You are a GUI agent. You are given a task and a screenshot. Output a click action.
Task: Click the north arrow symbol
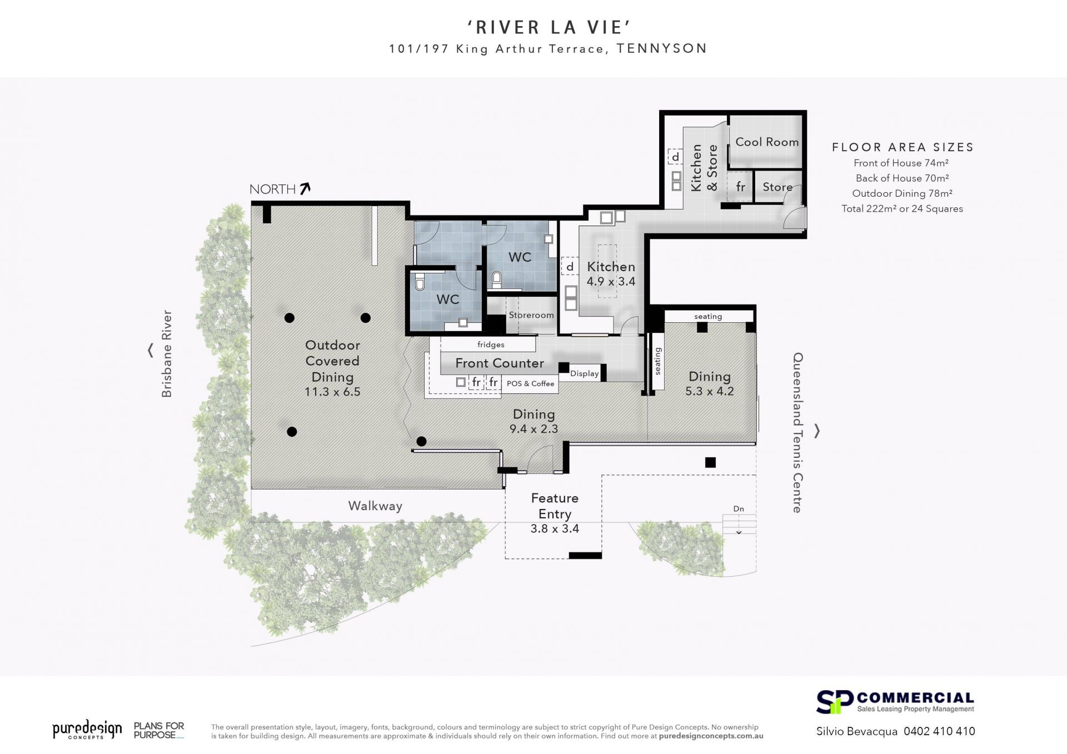click(305, 189)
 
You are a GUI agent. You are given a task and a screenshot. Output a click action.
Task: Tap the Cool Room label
click(767, 142)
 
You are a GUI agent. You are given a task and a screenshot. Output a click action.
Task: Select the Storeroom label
click(531, 315)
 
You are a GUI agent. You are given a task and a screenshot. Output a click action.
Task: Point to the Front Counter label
click(500, 363)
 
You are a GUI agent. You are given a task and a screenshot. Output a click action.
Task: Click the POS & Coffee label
click(530, 383)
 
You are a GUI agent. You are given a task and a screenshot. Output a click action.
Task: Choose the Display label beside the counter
click(585, 373)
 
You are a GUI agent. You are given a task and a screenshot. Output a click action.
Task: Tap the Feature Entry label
click(555, 506)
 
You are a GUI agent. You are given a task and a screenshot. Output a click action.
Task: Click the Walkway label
click(375, 506)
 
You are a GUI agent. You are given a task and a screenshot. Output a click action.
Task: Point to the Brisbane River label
click(167, 354)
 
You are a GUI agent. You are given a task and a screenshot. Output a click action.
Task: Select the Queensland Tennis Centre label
click(798, 432)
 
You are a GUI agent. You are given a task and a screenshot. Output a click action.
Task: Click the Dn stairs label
click(739, 509)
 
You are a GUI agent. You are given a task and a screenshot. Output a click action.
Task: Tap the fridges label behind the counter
click(491, 344)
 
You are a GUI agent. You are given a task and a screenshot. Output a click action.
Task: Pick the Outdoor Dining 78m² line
click(903, 193)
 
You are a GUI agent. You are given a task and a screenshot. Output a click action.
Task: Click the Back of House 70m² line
click(903, 178)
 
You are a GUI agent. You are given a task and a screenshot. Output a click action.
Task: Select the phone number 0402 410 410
click(939, 731)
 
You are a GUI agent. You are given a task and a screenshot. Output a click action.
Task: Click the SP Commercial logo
click(895, 702)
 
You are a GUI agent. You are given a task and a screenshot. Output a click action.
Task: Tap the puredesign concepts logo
click(87, 730)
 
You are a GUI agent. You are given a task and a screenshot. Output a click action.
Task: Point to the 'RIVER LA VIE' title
click(548, 27)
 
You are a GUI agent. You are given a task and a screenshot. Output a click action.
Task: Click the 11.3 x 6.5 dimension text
click(332, 392)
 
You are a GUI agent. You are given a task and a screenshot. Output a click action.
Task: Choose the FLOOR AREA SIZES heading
click(903, 147)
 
